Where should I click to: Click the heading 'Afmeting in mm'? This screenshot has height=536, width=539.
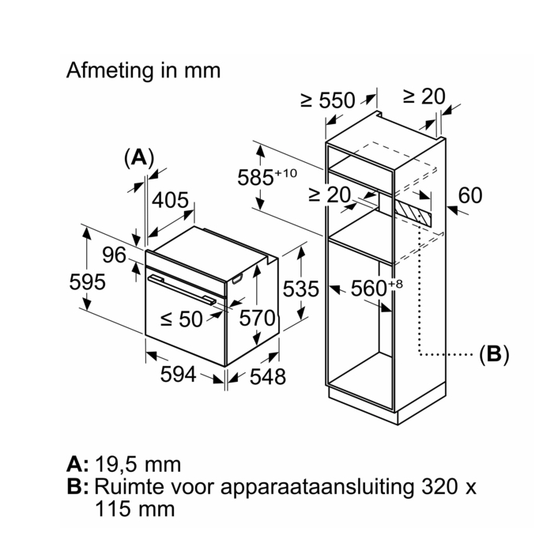coord(143,70)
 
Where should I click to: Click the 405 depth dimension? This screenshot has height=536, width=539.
coord(170,200)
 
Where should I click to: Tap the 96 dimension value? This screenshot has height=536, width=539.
coord(115,255)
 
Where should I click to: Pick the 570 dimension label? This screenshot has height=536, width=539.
coord(258,319)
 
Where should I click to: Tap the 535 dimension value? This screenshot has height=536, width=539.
coord(301,289)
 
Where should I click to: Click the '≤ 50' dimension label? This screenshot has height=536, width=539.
coord(182,319)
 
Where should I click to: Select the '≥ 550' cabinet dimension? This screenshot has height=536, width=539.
coord(328,100)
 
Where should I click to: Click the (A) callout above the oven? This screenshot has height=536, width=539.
coord(138,157)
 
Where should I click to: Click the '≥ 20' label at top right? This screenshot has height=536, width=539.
coord(424,96)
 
